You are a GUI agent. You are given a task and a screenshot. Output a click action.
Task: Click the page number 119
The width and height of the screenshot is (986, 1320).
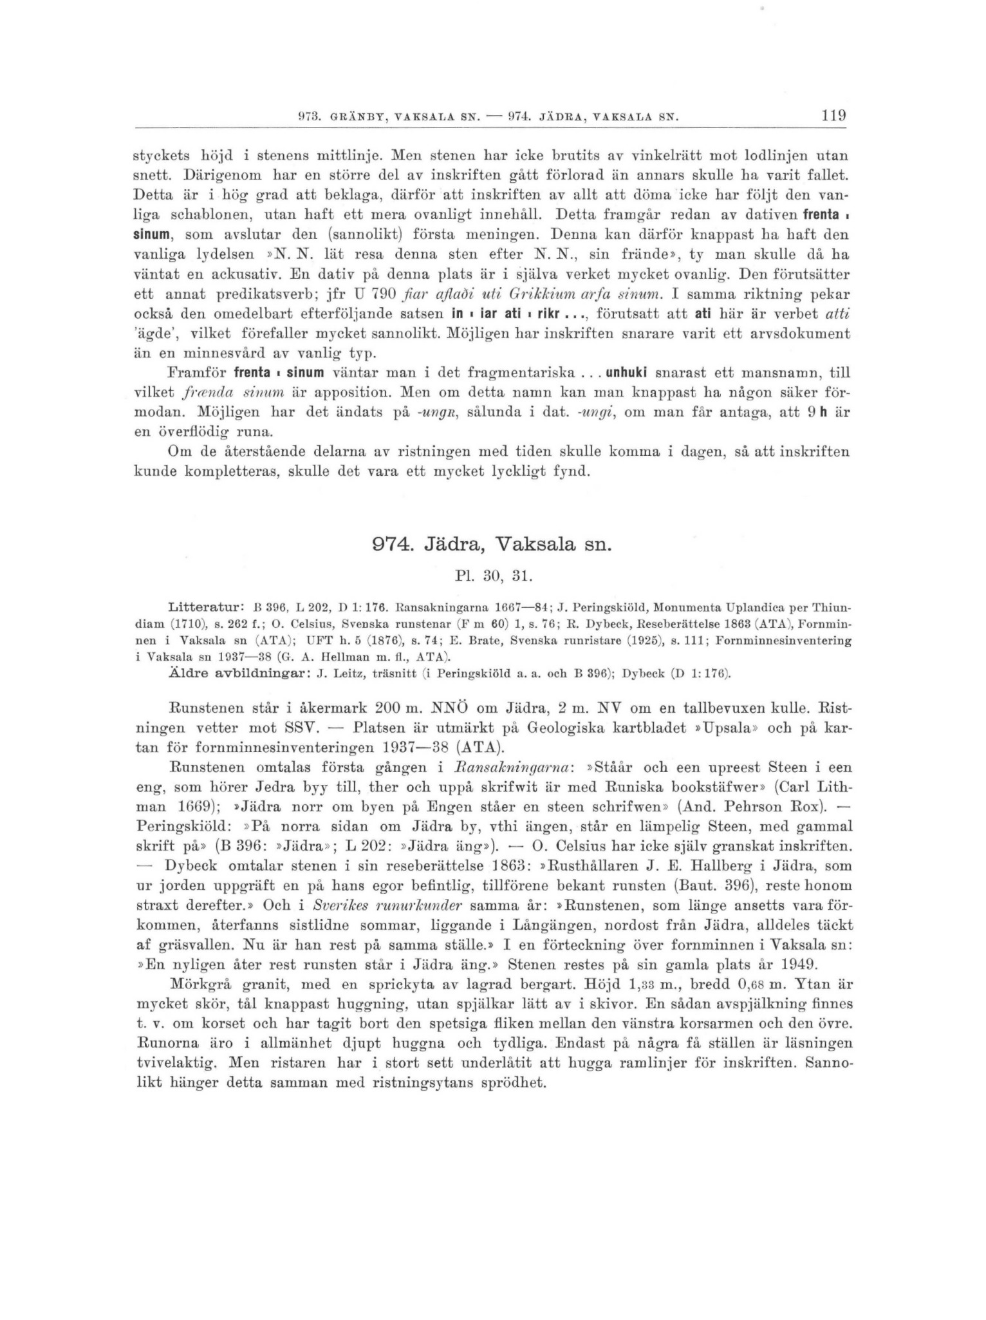[x=833, y=117]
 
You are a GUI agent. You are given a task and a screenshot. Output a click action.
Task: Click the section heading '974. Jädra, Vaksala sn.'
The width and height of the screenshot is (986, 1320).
[x=492, y=544]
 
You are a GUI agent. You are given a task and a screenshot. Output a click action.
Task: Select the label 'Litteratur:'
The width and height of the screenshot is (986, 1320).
[x=205, y=607]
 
